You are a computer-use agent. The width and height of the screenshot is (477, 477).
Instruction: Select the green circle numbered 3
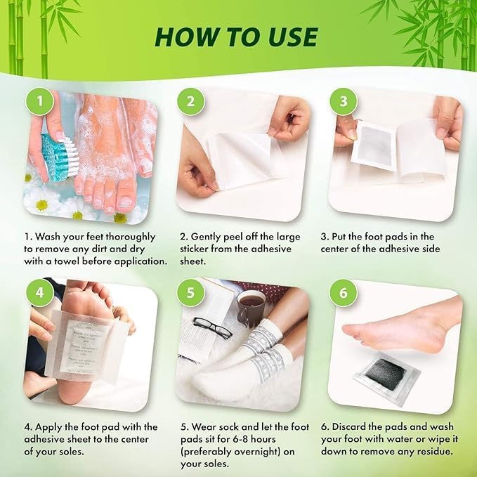click(342, 101)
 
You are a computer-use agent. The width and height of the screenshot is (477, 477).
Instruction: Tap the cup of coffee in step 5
click(251, 308)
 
